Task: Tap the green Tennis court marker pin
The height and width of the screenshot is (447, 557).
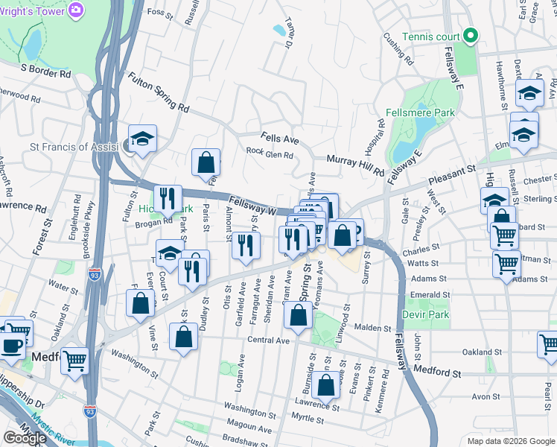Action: (471, 36)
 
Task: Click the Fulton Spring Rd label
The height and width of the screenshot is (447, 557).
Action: (158, 92)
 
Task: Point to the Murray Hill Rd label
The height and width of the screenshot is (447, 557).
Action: (355, 163)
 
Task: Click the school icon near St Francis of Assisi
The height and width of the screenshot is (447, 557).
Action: (142, 139)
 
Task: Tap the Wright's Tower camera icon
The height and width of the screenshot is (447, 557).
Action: (75, 10)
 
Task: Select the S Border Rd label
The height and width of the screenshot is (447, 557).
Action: (45, 71)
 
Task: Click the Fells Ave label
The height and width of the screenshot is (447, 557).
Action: (279, 139)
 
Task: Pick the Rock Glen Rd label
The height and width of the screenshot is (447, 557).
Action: (270, 155)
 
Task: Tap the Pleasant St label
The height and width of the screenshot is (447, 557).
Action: (451, 177)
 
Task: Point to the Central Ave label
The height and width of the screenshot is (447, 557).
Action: (268, 340)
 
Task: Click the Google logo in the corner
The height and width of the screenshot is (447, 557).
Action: (25, 437)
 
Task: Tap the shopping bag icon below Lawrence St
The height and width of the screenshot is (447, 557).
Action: (326, 385)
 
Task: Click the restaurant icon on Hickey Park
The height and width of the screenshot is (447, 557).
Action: (168, 198)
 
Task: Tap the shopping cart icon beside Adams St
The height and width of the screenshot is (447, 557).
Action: (506, 263)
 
